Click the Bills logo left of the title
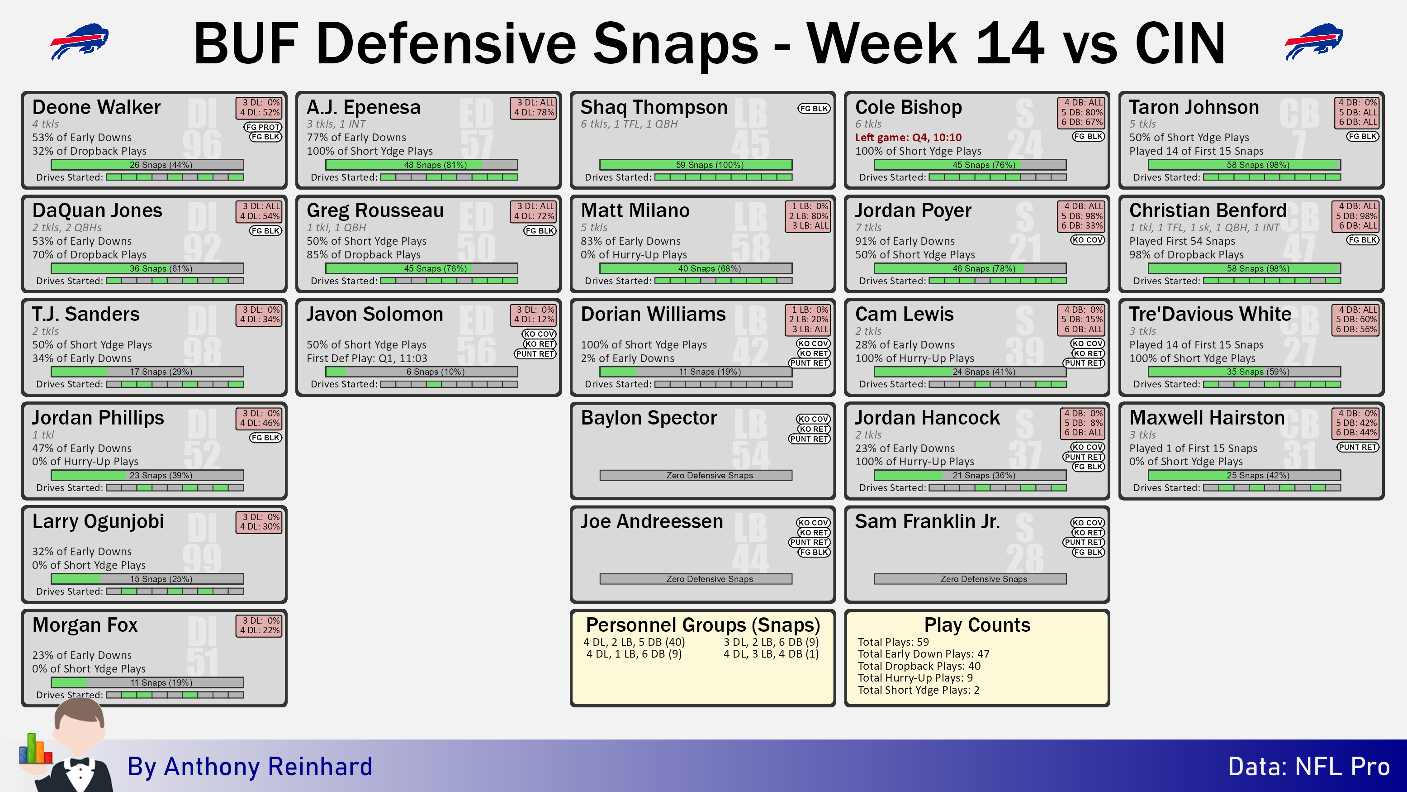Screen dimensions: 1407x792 tap(79, 41)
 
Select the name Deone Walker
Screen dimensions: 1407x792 tap(96, 107)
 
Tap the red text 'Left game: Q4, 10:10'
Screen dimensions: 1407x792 tap(908, 137)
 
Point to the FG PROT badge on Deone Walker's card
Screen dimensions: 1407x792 tap(263, 127)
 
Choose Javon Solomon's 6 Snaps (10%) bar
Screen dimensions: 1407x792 tap(421, 372)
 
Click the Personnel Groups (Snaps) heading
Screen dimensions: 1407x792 tap(702, 624)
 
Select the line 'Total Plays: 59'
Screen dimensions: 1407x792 tap(893, 642)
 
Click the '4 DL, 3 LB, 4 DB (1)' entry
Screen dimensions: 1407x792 tap(771, 654)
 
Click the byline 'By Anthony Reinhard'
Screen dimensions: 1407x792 tap(250, 766)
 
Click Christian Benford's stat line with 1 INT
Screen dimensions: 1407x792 tap(1204, 227)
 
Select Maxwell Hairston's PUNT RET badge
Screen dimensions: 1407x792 tap(1358, 447)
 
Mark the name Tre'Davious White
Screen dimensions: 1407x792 tap(1210, 314)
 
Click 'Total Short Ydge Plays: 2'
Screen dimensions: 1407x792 tap(918, 690)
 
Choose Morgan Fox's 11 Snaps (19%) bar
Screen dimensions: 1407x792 tap(147, 682)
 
